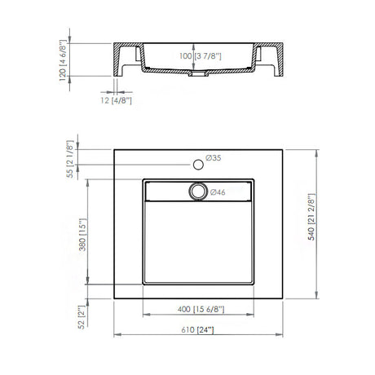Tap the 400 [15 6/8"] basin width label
pos(199,310)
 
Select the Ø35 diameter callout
pos(214,157)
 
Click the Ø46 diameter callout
pos(218,192)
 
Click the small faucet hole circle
pos(197,166)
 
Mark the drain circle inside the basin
pos(197,192)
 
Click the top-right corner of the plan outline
pos(286,149)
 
